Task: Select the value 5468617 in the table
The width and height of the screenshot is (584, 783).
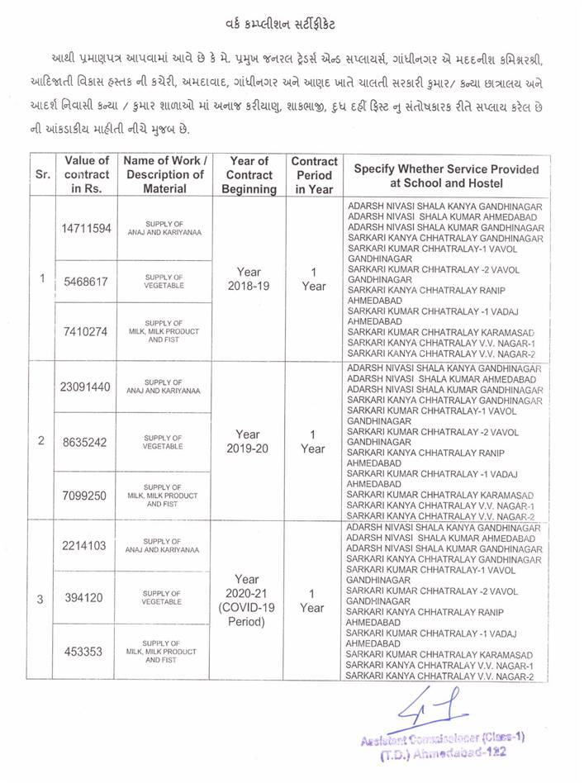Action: pyautogui.click(x=86, y=281)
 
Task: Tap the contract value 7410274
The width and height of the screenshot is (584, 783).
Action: pyautogui.click(x=86, y=332)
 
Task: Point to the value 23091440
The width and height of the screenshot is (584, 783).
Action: pyautogui.click(x=86, y=387)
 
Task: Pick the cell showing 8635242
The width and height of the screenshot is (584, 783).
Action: pyautogui.click(x=86, y=442)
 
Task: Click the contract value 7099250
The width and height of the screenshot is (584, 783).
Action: pyautogui.click(x=86, y=494)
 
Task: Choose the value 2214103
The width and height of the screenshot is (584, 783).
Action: pyautogui.click(x=86, y=544)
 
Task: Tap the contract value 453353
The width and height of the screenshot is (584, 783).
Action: pyautogui.click(x=86, y=651)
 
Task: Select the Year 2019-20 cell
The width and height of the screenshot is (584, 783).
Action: pyautogui.click(x=249, y=440)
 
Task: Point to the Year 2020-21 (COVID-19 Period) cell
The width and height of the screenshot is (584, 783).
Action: pyautogui.click(x=249, y=600)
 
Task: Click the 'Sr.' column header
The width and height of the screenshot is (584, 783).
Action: pyautogui.click(x=42, y=174)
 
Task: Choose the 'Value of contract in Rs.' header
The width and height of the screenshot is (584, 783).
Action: pyautogui.click(x=86, y=174)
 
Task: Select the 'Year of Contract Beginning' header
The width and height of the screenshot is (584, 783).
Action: pyautogui.click(x=249, y=174)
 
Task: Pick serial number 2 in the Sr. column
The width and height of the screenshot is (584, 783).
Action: pyautogui.click(x=42, y=440)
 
